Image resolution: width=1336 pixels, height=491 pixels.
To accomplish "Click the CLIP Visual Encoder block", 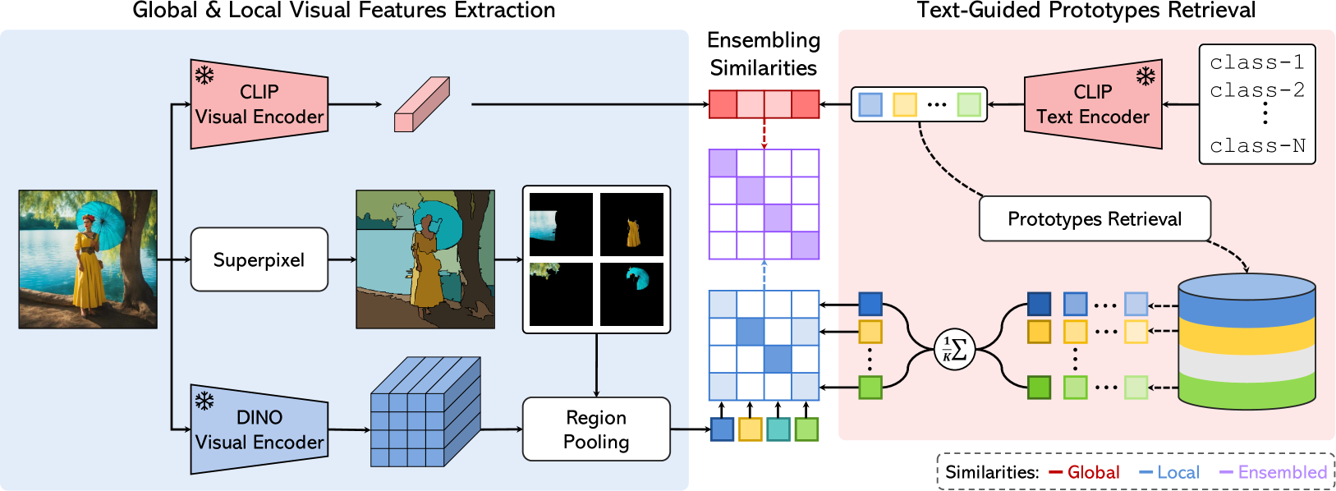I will pos(259,104).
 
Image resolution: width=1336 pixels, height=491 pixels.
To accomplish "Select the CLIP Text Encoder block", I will pos(1093,104).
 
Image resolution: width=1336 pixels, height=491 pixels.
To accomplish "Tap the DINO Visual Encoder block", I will pos(259,429).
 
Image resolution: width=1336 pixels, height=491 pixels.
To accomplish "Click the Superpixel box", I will pos(259,259).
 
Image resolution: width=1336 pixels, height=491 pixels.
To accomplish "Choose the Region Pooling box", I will pos(596,429).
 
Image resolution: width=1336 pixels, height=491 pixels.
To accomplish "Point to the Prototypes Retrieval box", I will pos(1095,218).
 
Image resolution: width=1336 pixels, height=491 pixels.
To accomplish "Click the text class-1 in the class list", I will pos(1256,62).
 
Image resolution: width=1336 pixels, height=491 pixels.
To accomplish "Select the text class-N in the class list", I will pos(1257,146).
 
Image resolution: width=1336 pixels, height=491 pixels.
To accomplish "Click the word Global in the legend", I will pos(1093,472).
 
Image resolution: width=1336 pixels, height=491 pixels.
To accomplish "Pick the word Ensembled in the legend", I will pos(1282,472).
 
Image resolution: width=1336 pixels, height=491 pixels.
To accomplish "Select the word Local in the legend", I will pos(1178,472).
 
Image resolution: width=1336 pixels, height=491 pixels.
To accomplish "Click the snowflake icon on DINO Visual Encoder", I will pos(204,401).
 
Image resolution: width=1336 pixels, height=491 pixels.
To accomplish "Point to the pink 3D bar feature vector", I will pos(421,104).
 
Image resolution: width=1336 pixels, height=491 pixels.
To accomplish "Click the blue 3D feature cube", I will pos(425,411).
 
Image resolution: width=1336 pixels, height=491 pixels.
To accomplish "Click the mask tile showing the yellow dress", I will pos(632,224).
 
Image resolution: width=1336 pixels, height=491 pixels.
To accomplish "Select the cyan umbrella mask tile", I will pos(632,294).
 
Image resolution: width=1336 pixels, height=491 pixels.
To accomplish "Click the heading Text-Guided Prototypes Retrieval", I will pos(1086,11).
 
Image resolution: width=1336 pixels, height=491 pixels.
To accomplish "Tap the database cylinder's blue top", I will pos(1246,287).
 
